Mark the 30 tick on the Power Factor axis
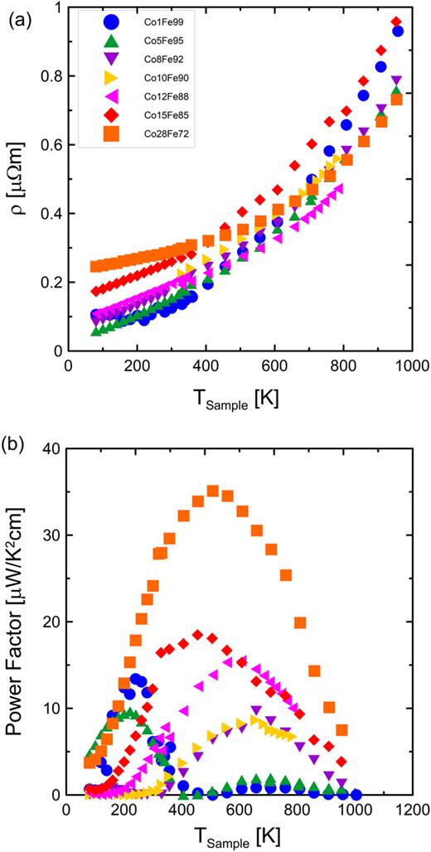(55, 535)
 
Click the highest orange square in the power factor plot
(212, 491)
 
